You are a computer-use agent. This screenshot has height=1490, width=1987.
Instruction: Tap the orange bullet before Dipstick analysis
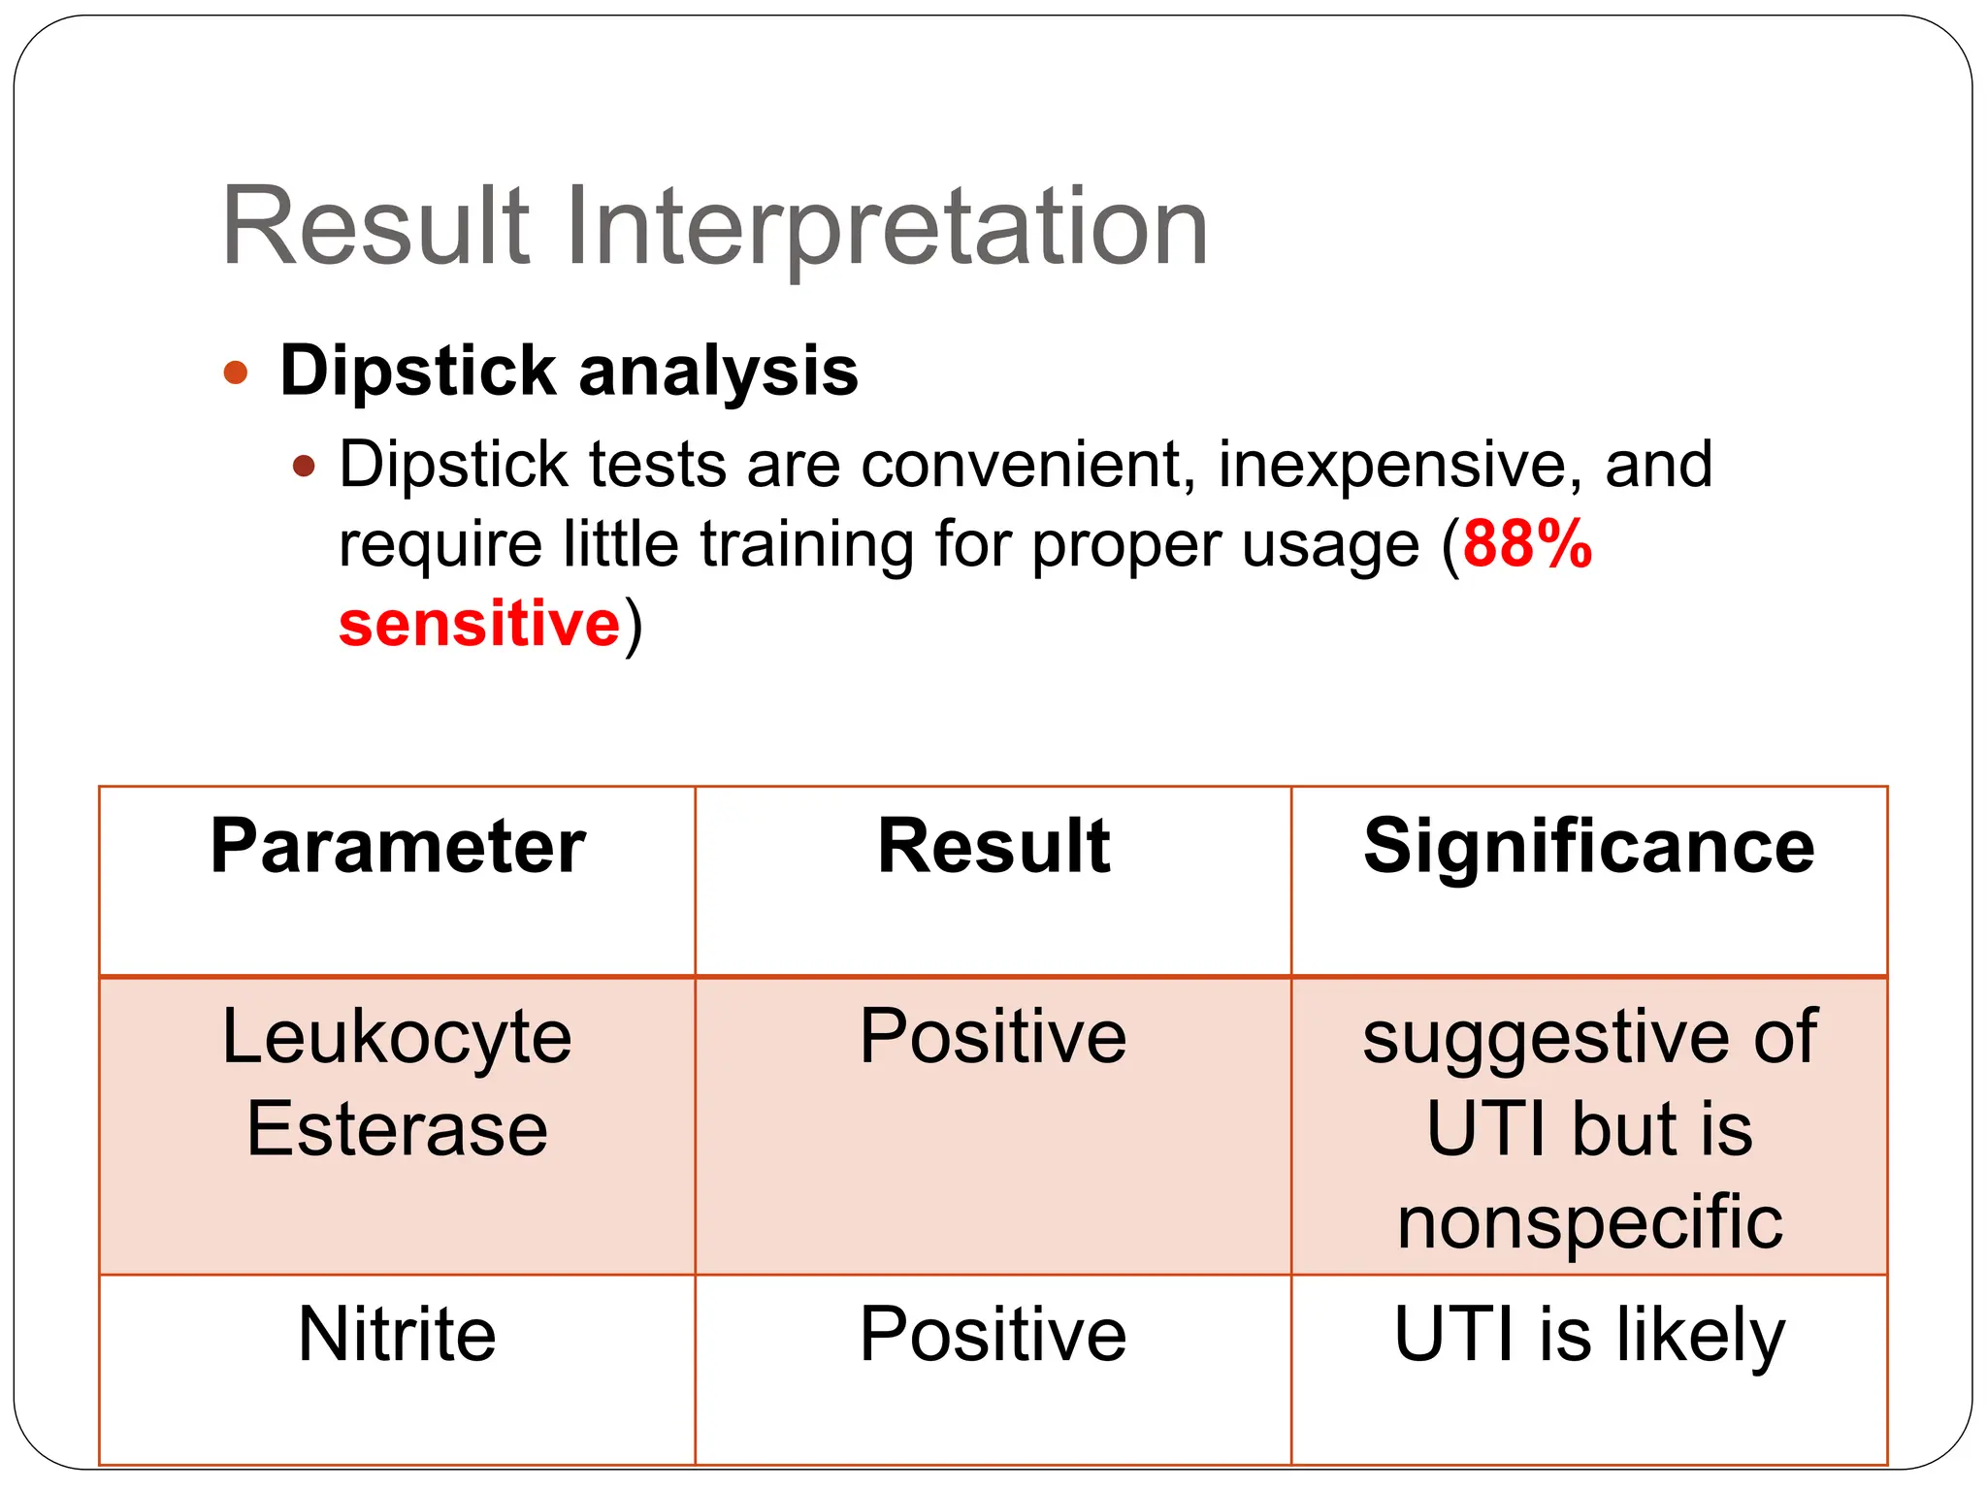click(236, 372)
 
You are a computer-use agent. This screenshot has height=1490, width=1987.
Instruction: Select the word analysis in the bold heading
click(717, 372)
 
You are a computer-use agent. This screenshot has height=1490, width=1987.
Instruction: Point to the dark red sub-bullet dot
click(305, 467)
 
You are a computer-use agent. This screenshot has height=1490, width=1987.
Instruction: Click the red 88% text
click(1527, 544)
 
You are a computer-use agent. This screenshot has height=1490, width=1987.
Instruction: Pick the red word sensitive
click(478, 623)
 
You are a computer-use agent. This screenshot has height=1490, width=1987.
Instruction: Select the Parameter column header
click(398, 847)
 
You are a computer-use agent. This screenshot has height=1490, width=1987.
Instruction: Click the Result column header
click(993, 847)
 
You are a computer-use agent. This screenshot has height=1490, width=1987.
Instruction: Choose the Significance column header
click(1588, 847)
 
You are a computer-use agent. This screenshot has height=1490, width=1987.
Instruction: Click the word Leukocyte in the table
click(397, 1037)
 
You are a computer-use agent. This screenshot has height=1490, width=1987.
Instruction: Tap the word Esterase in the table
click(397, 1130)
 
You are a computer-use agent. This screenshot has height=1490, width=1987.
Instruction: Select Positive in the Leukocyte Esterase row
click(993, 1037)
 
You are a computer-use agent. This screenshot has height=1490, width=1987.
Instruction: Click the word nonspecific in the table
click(1589, 1222)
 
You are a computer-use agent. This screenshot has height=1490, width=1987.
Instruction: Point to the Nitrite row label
click(397, 1335)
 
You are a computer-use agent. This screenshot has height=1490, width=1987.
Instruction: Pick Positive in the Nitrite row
click(993, 1335)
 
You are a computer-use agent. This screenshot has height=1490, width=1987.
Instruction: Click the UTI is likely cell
click(1588, 1335)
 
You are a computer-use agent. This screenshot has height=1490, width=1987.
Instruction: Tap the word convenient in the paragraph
click(1028, 466)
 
